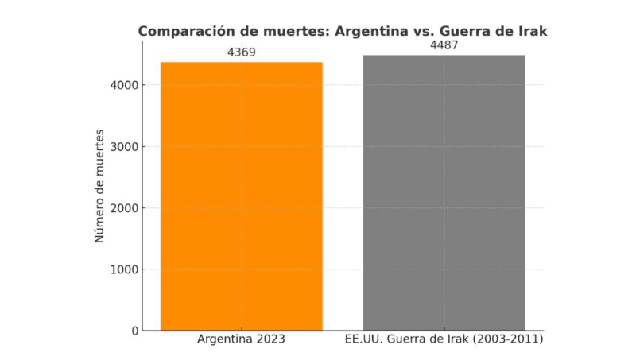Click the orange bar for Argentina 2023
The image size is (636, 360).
tap(242, 195)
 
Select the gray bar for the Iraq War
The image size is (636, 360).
tap(444, 192)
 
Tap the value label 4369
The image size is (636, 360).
tap(242, 52)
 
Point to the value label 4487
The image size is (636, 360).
tap(444, 45)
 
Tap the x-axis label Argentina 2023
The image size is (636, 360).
tap(241, 340)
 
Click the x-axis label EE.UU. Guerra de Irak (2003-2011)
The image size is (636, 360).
tap(444, 340)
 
